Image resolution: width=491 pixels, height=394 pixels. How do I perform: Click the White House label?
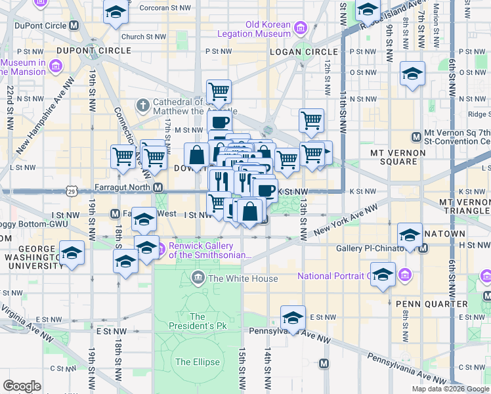pos(243,278)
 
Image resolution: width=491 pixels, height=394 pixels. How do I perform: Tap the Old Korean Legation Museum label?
pos(268,29)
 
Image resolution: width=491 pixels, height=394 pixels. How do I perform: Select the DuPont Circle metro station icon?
pos(74,26)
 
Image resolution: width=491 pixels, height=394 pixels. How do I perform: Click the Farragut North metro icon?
pos(158,188)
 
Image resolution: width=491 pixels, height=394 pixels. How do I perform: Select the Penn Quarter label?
pos(431,304)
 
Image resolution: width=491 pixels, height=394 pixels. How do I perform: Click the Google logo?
pos(22,386)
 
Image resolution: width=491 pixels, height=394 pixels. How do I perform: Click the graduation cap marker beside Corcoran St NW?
pos(116,11)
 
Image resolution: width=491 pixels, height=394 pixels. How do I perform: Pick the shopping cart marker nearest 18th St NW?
pos(123,156)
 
